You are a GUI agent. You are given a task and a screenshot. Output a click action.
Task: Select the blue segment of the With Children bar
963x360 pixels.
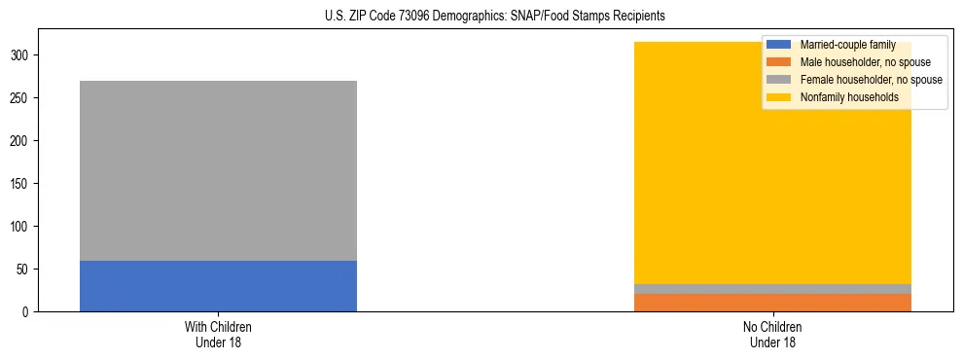click(218, 286)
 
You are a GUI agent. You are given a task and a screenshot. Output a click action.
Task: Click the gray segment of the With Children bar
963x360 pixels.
click(218, 170)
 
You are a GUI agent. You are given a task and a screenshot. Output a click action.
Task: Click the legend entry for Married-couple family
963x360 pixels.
click(847, 45)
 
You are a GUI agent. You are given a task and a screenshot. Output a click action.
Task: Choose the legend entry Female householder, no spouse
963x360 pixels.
click(871, 80)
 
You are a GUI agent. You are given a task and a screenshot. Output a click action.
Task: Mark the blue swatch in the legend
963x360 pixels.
click(779, 45)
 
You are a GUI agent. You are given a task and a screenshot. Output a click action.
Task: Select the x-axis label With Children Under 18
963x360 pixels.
click(218, 334)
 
